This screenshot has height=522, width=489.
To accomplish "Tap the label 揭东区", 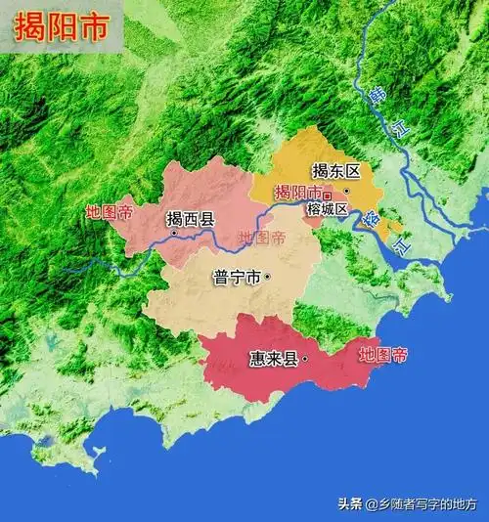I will tap(335, 171).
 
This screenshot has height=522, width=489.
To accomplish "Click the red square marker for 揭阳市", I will tap(328, 195).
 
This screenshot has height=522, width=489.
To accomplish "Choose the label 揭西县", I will tap(190, 219).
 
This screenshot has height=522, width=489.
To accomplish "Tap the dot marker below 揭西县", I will tap(172, 234).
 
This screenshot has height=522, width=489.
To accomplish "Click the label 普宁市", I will tap(236, 278).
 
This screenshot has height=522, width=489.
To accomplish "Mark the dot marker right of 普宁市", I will tap(267, 278).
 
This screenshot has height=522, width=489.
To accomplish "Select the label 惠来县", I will tap(273, 359).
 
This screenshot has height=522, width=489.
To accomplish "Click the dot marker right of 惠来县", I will tap(305, 359).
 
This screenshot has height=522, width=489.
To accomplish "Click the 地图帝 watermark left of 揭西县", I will tap(109, 211).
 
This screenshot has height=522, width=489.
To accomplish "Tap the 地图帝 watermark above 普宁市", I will tap(262, 238).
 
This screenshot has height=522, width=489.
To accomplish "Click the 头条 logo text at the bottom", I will tap(350, 504).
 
